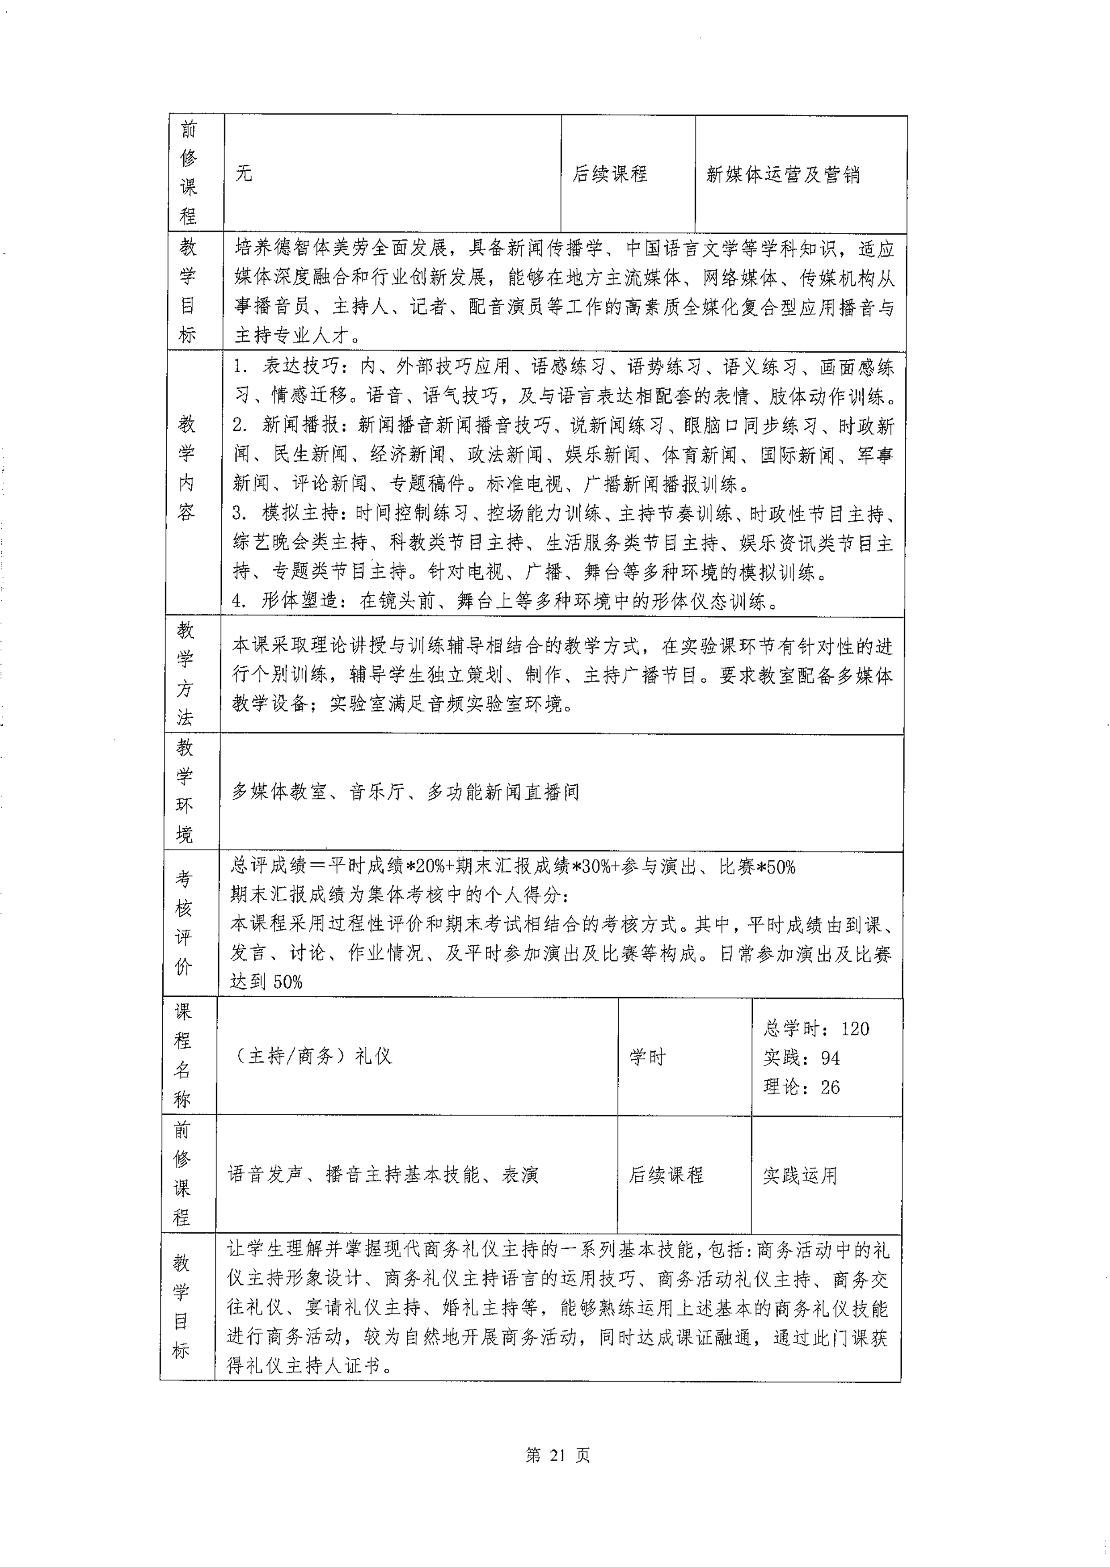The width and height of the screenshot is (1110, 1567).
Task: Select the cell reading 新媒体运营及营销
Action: pyautogui.click(x=783, y=175)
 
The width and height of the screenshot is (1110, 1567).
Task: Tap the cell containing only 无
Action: pyautogui.click(x=244, y=173)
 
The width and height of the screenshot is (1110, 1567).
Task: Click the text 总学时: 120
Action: pyautogui.click(x=816, y=1028)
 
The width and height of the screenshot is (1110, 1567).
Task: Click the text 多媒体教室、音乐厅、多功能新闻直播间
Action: pyautogui.click(x=405, y=792)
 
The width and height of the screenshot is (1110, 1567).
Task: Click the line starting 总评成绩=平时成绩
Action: pyautogui.click(x=513, y=867)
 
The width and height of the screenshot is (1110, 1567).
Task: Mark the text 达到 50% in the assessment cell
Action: pyautogui.click(x=266, y=982)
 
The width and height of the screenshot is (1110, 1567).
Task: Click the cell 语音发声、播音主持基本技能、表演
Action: pyautogui.click(x=383, y=1175)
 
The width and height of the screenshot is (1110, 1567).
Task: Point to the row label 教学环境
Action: pyautogui.click(x=185, y=792)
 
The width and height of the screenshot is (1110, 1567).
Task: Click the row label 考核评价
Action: pyautogui.click(x=183, y=923)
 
